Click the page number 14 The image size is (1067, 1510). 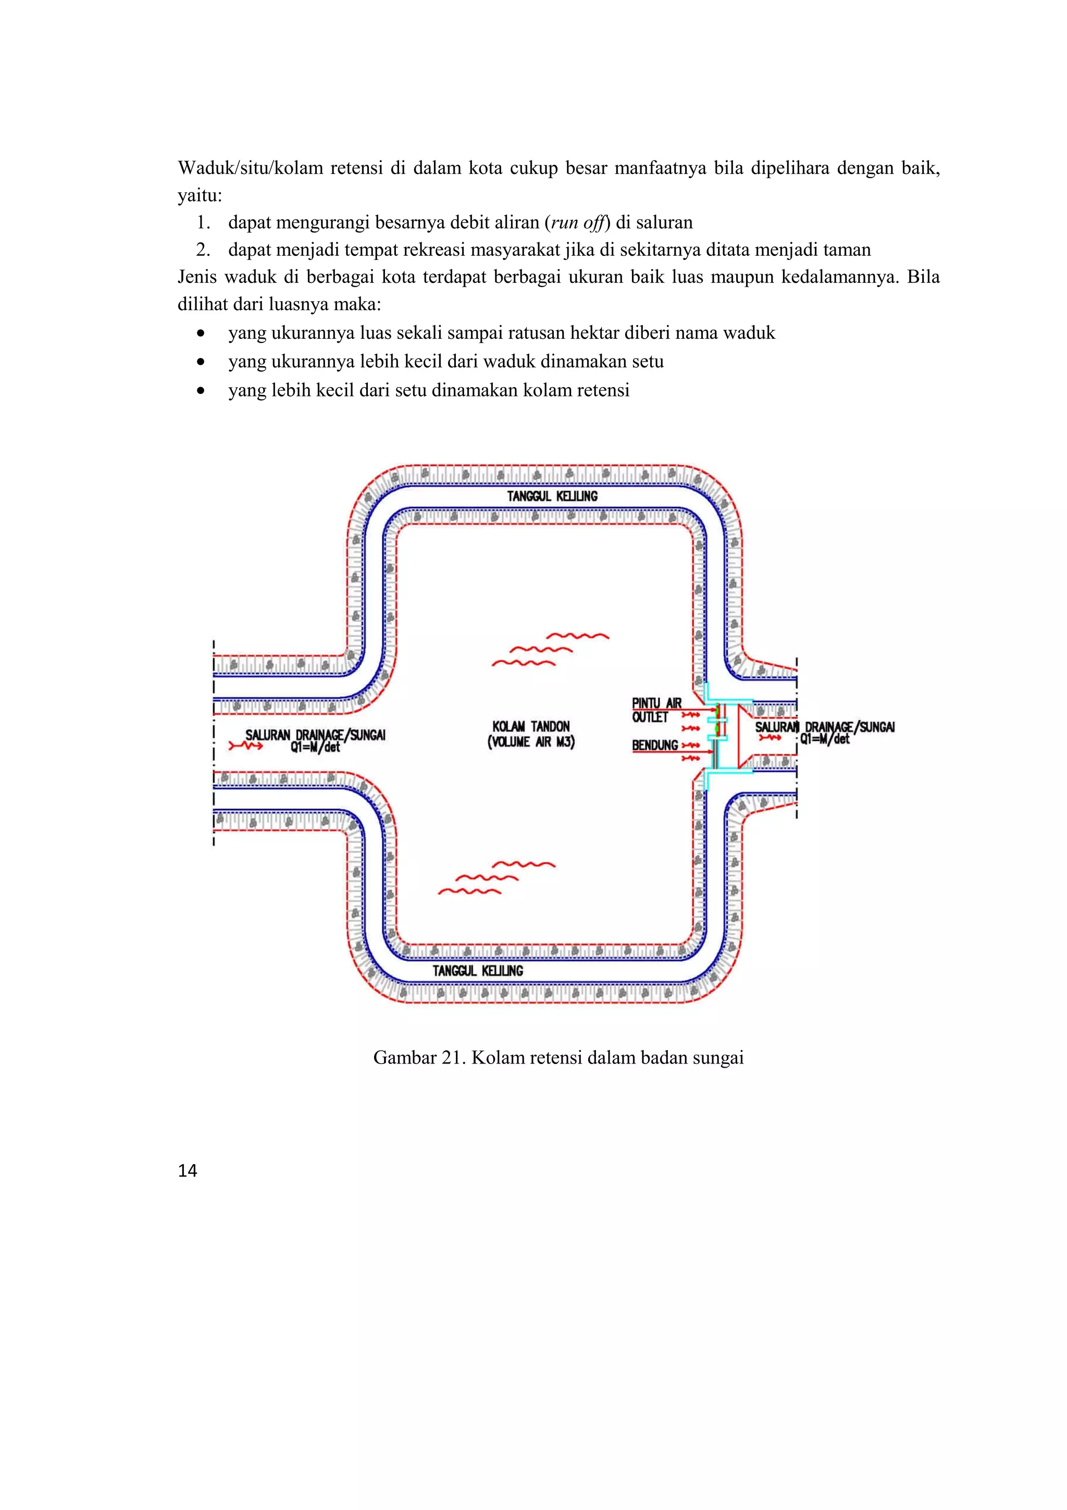click(x=188, y=1171)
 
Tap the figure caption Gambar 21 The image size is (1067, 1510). click(x=558, y=1058)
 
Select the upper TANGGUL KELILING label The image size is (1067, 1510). click(x=552, y=496)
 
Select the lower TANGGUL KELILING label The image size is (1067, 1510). click(x=478, y=971)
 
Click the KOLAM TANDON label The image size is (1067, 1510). click(x=531, y=726)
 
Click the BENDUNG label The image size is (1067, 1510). click(x=655, y=745)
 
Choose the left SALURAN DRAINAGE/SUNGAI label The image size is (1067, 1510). click(x=316, y=735)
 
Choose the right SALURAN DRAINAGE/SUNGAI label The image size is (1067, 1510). click(x=825, y=727)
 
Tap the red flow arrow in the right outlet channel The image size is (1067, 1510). click(x=770, y=738)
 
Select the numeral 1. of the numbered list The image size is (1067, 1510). click(x=203, y=223)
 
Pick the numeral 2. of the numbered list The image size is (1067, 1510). click(x=203, y=250)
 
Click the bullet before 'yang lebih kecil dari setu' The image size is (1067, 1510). click(x=201, y=391)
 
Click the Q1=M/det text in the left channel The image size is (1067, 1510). click(x=316, y=747)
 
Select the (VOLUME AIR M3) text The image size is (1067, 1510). click(x=531, y=742)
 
